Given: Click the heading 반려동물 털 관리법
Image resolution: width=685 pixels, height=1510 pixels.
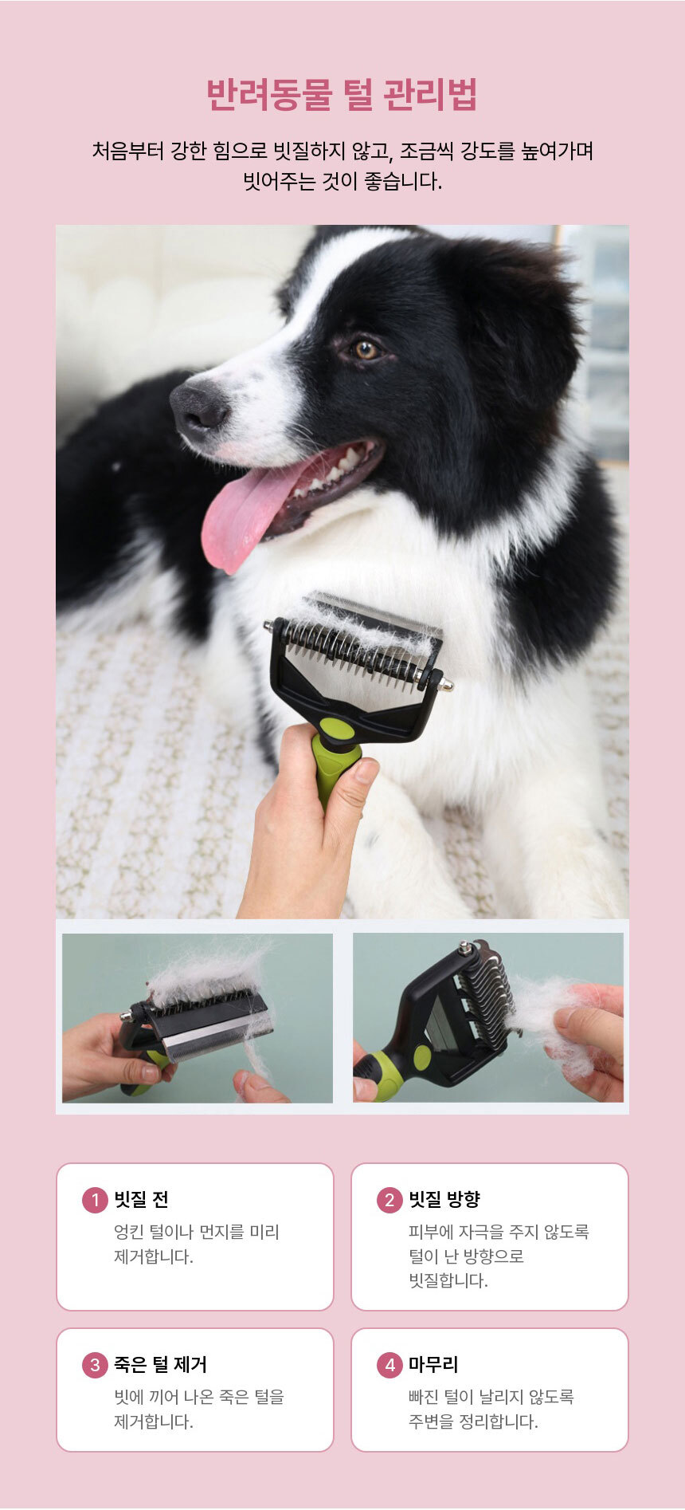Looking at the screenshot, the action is click(x=342, y=95).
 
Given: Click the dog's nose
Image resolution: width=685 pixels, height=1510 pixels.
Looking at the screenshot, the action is click(x=199, y=403).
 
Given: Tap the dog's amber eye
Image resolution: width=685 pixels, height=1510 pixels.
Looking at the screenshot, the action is click(x=366, y=349).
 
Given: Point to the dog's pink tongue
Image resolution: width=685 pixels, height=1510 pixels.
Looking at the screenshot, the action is click(x=247, y=510).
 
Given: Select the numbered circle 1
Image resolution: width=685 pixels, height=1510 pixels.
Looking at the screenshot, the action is click(x=95, y=1200).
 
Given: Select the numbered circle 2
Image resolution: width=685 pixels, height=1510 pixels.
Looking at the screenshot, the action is click(x=389, y=1200).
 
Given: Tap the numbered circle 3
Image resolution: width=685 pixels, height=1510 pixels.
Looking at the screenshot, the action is click(x=95, y=1365).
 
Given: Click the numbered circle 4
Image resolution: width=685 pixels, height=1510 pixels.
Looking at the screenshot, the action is click(x=389, y=1365).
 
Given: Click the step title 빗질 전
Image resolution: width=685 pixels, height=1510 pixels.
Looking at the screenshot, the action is click(x=141, y=1200).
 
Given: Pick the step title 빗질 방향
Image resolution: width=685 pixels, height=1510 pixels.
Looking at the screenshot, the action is click(x=444, y=1200).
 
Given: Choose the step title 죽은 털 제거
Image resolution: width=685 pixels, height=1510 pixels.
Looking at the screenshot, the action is click(x=160, y=1365).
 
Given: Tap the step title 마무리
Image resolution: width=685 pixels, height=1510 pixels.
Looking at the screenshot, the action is click(x=433, y=1365).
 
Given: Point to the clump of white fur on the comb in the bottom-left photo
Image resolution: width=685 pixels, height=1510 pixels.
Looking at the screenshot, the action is click(x=207, y=973).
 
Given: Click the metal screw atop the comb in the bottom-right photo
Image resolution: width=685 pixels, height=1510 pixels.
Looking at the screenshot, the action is click(x=464, y=948).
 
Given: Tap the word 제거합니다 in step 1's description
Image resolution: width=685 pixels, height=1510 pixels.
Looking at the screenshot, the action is click(x=154, y=1257).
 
